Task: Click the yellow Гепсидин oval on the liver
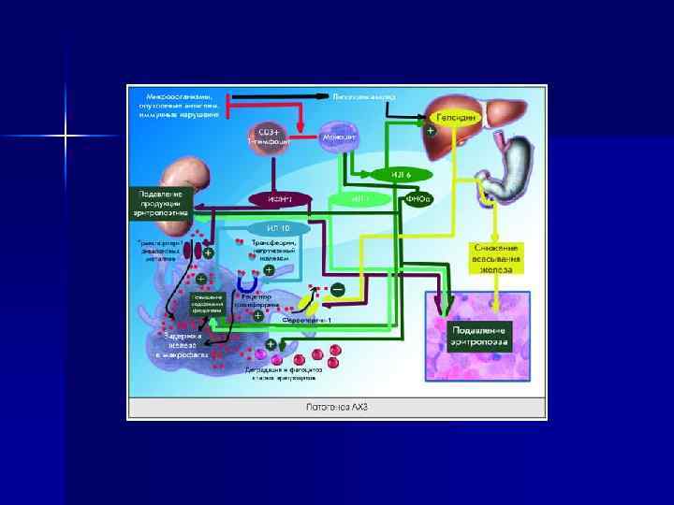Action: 458,119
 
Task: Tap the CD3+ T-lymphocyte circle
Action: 269,135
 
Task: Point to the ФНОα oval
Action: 418,198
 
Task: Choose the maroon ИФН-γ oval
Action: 280,198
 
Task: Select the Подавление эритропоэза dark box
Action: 479,336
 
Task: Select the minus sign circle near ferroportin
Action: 336,289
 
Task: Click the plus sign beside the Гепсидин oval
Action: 430,132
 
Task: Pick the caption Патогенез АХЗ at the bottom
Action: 336,408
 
